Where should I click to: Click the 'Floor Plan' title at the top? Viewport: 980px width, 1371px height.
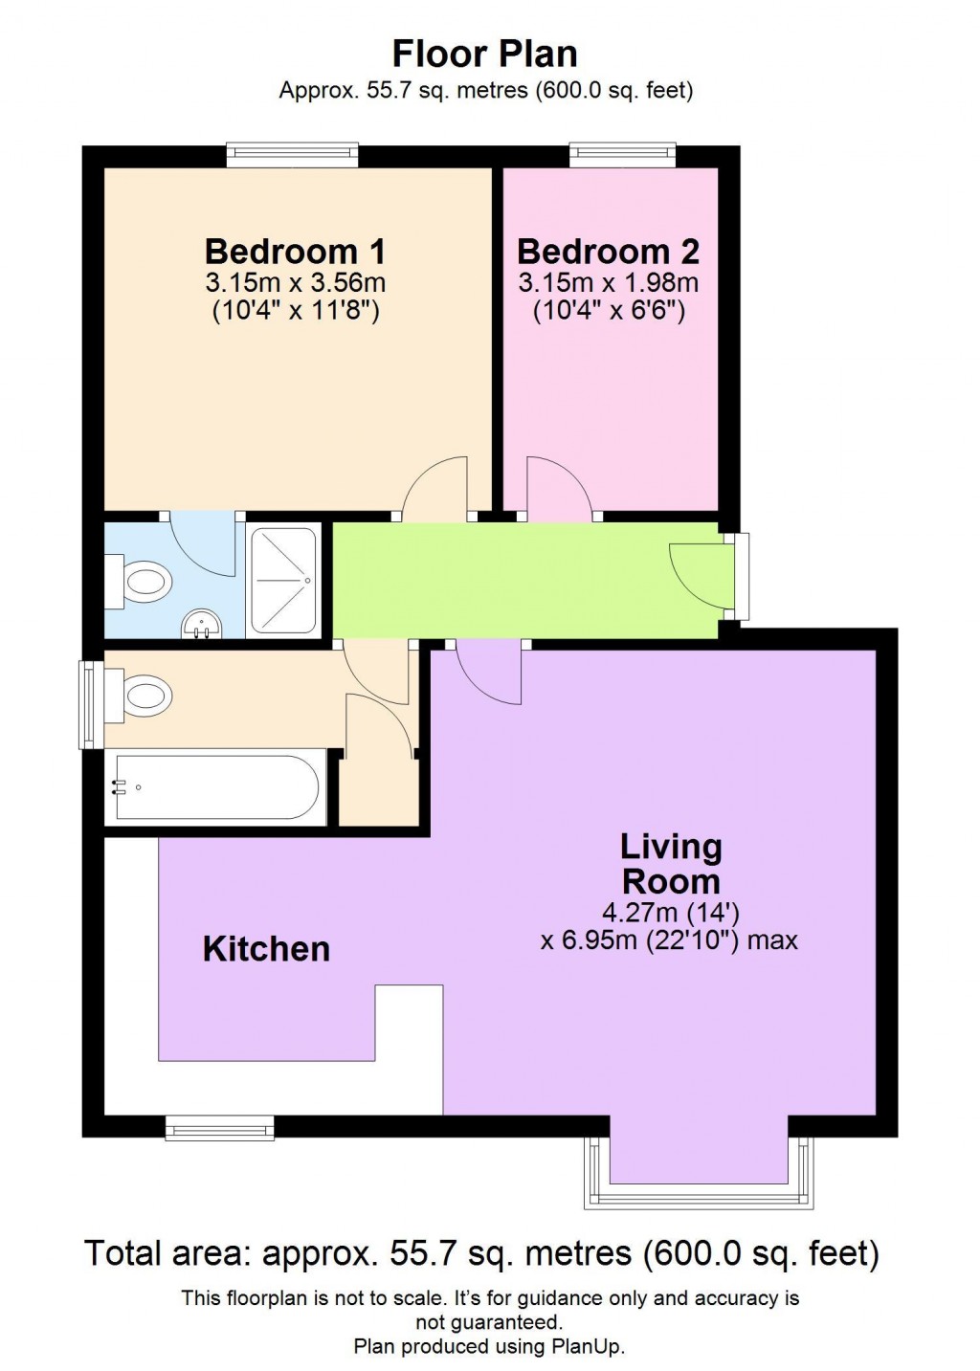click(x=484, y=54)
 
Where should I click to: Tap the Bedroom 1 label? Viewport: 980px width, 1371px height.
click(x=295, y=252)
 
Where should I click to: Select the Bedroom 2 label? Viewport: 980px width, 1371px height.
click(x=608, y=252)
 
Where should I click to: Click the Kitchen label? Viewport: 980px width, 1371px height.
click(x=266, y=949)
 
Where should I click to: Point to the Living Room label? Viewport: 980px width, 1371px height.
click(x=670, y=864)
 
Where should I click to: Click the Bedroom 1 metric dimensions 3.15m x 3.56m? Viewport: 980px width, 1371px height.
click(x=295, y=283)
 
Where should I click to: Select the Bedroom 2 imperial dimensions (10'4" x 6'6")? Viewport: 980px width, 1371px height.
click(x=609, y=311)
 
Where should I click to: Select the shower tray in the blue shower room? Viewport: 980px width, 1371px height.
click(x=283, y=581)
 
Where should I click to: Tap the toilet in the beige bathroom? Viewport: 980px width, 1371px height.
click(x=142, y=695)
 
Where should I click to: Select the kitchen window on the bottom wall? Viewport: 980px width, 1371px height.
click(x=220, y=1128)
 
